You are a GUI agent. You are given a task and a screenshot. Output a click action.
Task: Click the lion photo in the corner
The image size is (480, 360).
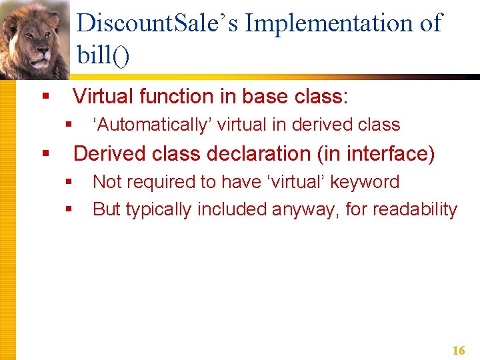(x=35, y=39)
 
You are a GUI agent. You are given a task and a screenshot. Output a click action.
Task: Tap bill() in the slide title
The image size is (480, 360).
(x=103, y=55)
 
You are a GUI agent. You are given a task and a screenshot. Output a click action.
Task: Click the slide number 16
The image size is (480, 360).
(x=458, y=351)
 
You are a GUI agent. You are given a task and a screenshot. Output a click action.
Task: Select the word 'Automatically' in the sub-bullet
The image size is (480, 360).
(x=152, y=125)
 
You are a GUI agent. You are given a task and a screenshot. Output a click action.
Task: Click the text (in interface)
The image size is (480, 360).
(x=376, y=154)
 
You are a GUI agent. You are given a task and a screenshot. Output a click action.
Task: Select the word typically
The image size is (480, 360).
(x=162, y=209)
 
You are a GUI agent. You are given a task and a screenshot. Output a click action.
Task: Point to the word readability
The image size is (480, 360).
(x=415, y=209)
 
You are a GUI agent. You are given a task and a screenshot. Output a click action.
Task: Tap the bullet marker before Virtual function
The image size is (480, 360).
(x=45, y=97)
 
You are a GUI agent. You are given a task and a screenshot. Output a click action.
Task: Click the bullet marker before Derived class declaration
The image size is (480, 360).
(x=45, y=154)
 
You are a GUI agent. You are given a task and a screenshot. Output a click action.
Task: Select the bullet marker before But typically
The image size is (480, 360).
(x=69, y=209)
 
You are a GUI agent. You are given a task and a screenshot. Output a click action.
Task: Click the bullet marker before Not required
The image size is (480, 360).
(x=69, y=182)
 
